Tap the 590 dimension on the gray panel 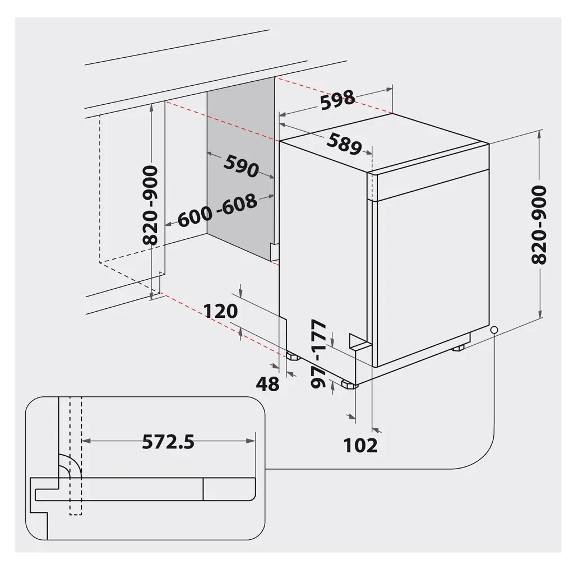[x=241, y=166]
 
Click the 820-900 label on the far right [x=539, y=224]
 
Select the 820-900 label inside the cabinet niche [x=150, y=205]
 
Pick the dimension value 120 [x=220, y=311]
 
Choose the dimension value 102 [x=360, y=445]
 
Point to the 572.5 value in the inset [x=168, y=442]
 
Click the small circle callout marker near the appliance [x=493, y=330]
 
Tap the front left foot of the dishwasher [x=349, y=385]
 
